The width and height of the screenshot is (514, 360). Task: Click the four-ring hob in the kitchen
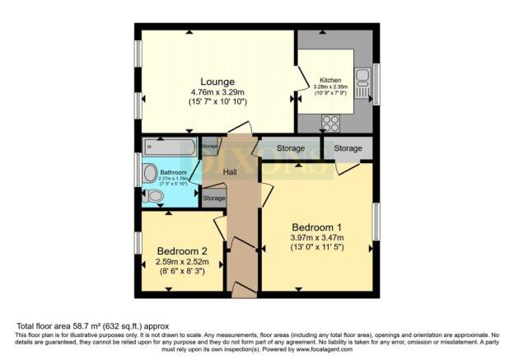[x=331, y=123]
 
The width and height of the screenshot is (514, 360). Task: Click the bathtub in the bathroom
[x=169, y=147]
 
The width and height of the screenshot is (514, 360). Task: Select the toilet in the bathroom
[x=152, y=196]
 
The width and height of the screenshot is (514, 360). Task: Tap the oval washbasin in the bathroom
[x=149, y=173]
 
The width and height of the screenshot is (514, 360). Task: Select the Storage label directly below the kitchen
[x=348, y=148]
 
